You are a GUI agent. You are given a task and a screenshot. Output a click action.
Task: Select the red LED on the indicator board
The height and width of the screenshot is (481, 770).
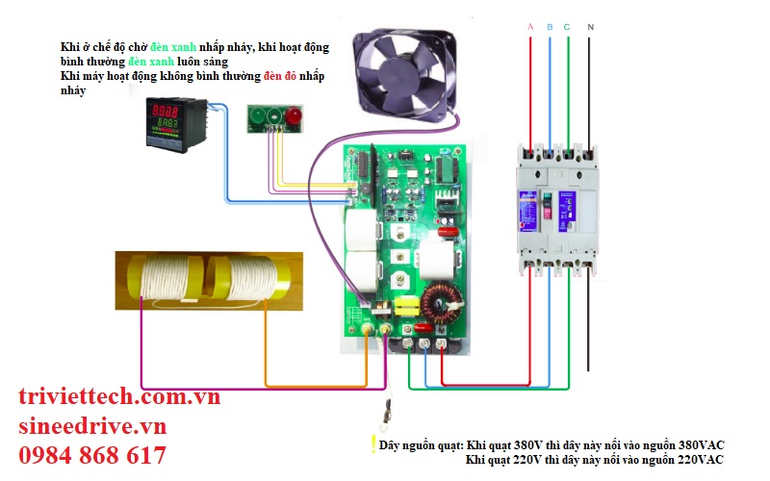point(293,117)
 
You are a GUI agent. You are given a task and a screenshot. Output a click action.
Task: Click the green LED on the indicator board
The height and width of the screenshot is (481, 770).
point(258,117)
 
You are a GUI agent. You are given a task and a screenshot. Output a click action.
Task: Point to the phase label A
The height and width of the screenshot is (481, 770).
point(530,27)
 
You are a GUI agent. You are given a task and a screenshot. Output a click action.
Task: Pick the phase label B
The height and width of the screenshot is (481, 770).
point(550,27)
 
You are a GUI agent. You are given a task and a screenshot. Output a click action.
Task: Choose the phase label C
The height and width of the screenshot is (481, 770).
point(567,27)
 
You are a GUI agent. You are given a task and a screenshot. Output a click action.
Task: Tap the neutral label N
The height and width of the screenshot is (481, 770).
point(590,27)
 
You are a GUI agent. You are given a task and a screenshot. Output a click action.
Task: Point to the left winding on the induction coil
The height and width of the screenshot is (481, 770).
point(167,277)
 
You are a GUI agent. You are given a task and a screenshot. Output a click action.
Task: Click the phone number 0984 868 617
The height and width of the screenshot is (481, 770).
point(92,456)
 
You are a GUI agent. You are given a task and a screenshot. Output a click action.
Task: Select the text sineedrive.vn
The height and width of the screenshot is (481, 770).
point(92,426)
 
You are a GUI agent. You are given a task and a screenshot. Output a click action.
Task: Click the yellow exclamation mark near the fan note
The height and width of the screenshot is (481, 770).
point(372,444)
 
